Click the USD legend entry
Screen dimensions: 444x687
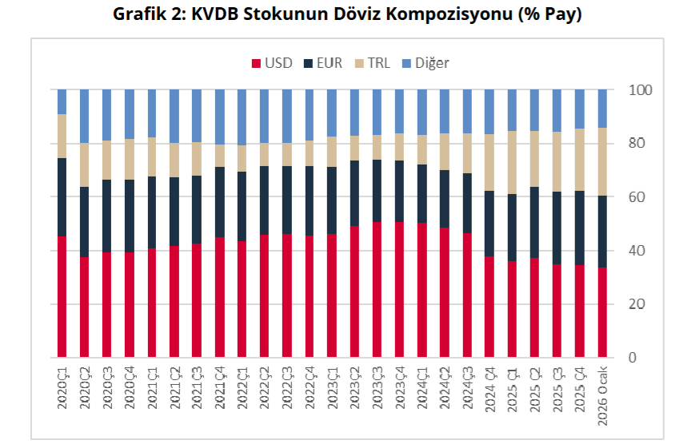click(273, 63)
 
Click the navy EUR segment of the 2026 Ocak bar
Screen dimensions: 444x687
click(603, 232)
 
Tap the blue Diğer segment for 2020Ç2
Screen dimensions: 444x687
click(84, 117)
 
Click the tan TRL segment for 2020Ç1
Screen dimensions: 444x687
click(62, 137)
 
